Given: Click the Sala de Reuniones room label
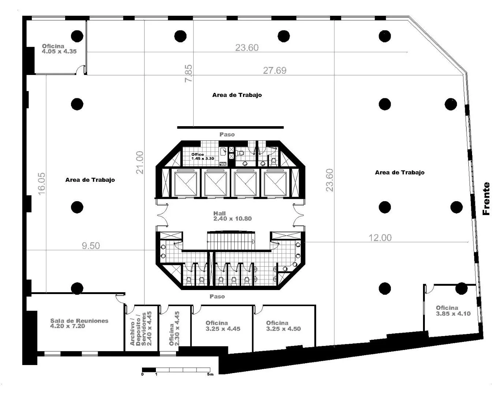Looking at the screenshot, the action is tap(79, 323).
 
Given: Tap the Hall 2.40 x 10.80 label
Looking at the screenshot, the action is tap(232, 216).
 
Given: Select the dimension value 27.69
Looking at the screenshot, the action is tap(274, 70).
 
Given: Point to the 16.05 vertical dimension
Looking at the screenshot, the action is tap(42, 184).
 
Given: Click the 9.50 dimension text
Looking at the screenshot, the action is tap(91, 245).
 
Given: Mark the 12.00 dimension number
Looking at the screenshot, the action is tap(380, 238).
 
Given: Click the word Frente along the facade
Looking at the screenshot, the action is tap(486, 199).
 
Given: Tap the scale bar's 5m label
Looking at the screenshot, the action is tap(210, 374).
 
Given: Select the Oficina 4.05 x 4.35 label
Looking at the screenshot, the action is tap(59, 49).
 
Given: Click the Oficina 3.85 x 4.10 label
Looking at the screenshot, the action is tap(453, 311).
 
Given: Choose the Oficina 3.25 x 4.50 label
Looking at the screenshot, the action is tap(283, 326).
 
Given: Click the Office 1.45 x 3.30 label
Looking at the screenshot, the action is tap(203, 156).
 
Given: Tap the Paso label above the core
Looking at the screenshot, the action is tap(227, 134).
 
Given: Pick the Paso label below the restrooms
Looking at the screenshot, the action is tap(217, 296).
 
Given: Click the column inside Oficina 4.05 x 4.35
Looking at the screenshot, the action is tap(77, 36).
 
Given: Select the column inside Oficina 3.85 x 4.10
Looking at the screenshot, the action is tap(461, 289).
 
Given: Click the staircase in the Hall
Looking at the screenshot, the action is tap(231, 240).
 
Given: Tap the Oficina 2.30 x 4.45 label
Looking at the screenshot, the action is tap(174, 328).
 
